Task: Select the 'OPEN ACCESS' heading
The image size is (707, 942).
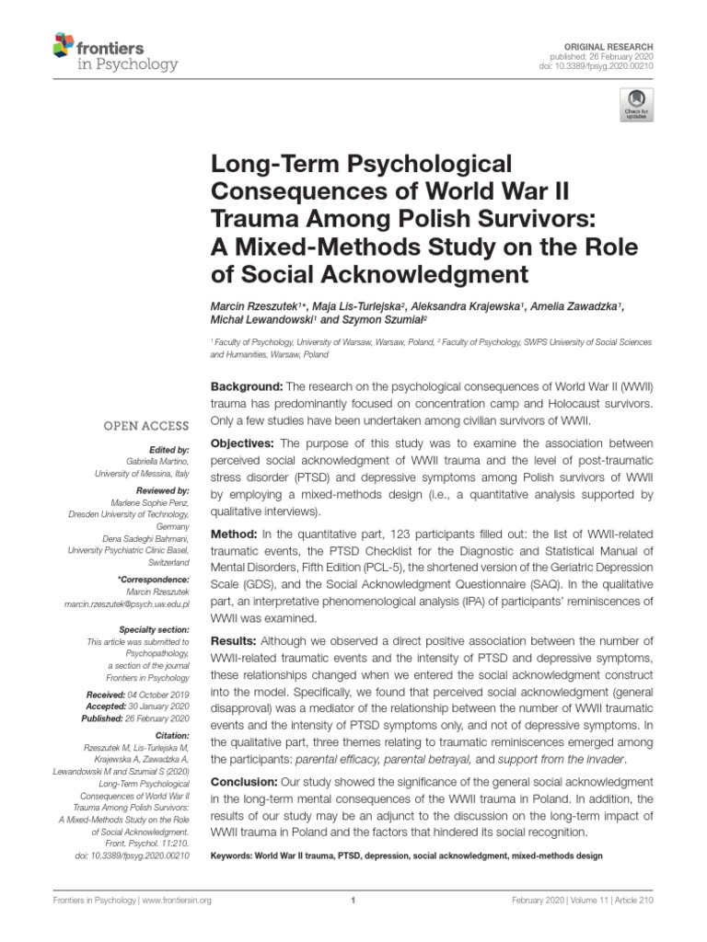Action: (x=150, y=426)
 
